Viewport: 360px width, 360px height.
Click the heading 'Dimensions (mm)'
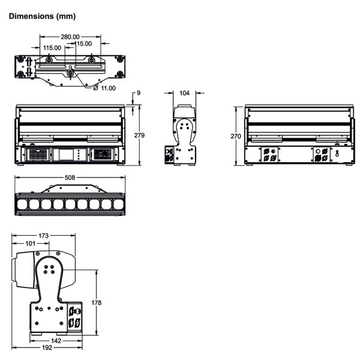41,16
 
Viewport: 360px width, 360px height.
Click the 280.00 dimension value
71,37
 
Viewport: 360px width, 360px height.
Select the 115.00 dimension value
52,47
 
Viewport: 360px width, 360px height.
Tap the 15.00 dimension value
83,43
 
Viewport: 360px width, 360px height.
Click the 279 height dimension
140,135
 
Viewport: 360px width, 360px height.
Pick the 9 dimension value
138,93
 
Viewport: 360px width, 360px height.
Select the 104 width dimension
184,93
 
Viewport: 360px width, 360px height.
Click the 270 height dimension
236,137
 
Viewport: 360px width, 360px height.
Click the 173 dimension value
43,235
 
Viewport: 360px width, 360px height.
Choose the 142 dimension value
56,340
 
